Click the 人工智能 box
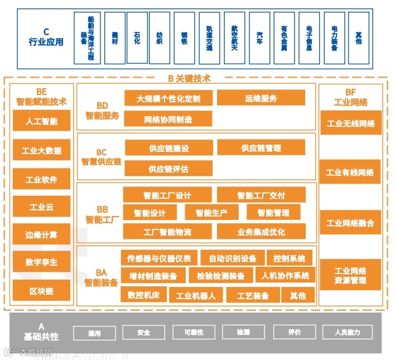[41, 121]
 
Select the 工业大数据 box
[41, 151]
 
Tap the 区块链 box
[41, 290]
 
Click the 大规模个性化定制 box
[168, 98]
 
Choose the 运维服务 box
[261, 98]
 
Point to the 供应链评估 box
[168, 169]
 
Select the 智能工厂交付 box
[261, 195]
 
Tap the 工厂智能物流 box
[167, 232]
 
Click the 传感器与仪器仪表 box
[158, 258]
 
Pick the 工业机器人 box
[195, 296]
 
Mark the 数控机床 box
[143, 295]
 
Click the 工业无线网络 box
[350, 123]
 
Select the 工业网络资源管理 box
[350, 275]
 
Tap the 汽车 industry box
[259, 38]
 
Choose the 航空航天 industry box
[234, 38]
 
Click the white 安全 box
[143, 333]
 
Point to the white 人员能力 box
[347, 333]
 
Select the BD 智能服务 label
[102, 111]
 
